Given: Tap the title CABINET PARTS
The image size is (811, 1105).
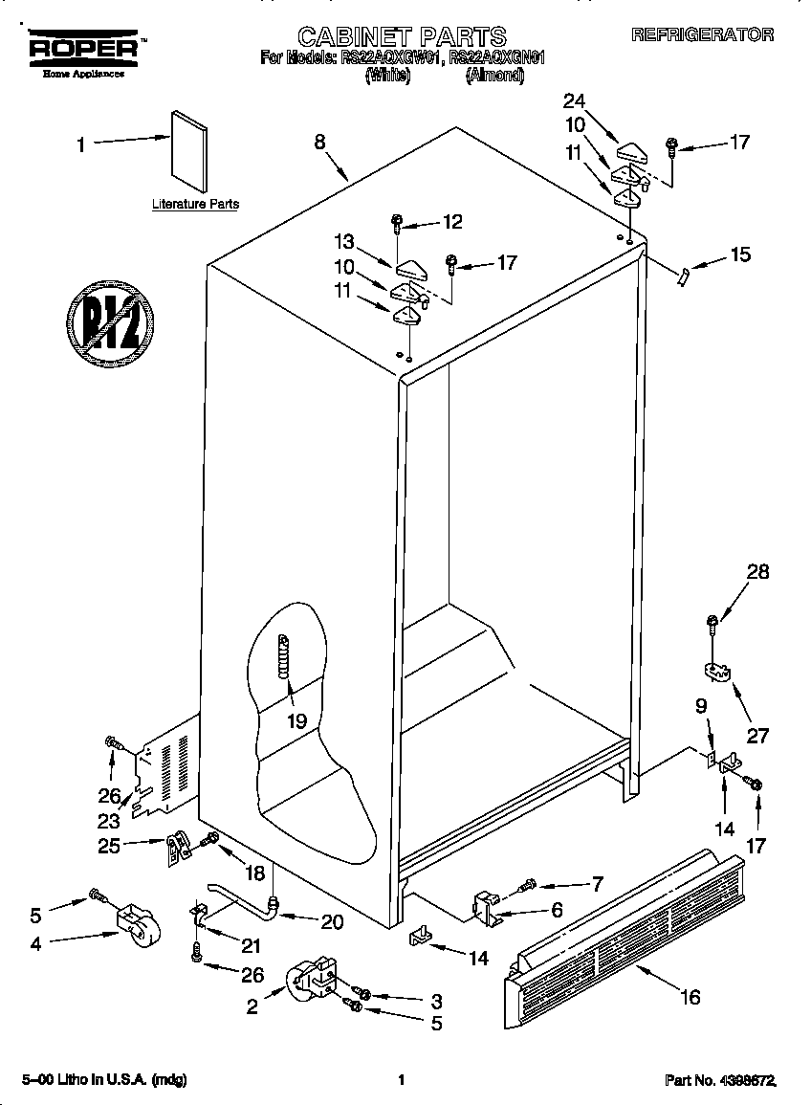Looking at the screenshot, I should click(x=402, y=36).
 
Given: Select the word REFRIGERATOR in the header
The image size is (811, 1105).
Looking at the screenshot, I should click(x=702, y=34).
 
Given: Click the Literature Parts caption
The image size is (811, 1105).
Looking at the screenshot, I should click(x=195, y=204).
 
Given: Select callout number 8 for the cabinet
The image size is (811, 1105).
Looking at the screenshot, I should click(x=319, y=142).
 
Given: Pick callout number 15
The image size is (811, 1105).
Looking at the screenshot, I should click(x=740, y=255).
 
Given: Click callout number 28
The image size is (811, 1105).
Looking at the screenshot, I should click(x=757, y=572).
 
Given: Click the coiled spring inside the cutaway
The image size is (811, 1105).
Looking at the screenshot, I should click(x=283, y=658).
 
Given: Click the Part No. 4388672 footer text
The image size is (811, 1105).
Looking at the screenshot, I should click(x=720, y=1080).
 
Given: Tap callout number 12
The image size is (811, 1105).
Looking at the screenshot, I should click(x=451, y=222).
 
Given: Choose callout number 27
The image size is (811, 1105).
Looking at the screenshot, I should click(x=757, y=737).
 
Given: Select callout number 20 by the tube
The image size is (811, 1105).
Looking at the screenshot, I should click(x=332, y=921).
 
